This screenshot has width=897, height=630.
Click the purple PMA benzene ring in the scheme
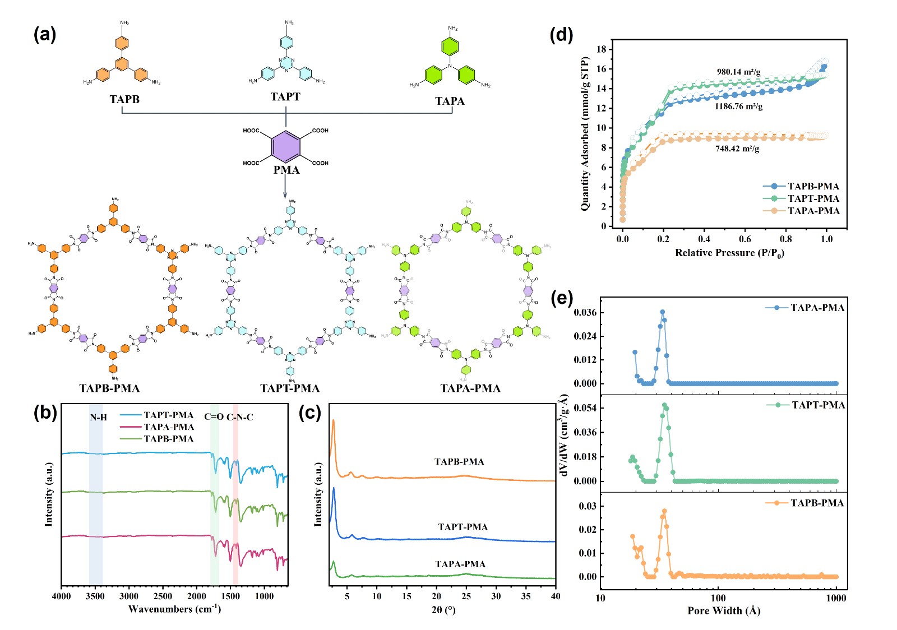point(286,146)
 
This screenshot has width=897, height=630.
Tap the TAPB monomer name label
point(124,99)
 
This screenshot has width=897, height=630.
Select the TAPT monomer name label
point(285,96)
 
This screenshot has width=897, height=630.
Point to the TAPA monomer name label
point(450,101)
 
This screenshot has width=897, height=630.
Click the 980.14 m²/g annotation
point(738,72)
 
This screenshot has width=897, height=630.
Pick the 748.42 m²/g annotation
point(737,149)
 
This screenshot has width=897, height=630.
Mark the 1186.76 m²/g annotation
point(738,106)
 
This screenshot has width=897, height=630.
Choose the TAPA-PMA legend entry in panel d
point(813,211)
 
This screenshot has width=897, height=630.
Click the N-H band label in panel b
point(98,417)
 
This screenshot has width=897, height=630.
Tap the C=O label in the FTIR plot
point(214,416)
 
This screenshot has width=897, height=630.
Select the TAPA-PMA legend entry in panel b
point(168,427)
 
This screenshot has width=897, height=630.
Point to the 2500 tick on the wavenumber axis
point(163,596)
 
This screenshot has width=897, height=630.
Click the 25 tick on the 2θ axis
point(466,596)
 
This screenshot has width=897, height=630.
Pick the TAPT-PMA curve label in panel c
point(463,527)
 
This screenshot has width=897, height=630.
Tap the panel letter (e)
point(562,298)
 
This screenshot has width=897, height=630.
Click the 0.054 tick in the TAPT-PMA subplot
point(585,407)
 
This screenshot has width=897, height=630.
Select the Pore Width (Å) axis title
point(724,610)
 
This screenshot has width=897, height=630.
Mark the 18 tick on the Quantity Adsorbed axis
point(602,49)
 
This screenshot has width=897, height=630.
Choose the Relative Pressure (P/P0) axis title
point(729,253)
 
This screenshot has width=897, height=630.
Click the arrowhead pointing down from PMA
point(285,195)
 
